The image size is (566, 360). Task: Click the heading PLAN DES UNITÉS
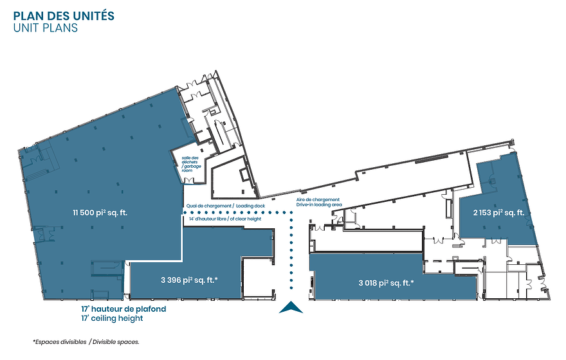tap(64, 16)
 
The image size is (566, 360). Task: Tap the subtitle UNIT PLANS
tap(46, 28)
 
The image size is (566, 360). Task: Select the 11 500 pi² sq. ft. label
tap(100, 213)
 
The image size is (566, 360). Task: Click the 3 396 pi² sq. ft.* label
tap(189, 280)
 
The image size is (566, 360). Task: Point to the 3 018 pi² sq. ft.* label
tap(386, 283)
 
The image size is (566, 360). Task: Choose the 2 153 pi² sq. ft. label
tap(499, 213)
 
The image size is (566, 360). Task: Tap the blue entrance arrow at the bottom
tap(291, 308)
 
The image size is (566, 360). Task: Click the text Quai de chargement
tap(208, 206)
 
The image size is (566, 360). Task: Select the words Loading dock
tap(251, 206)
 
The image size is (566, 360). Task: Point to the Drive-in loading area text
tap(319, 205)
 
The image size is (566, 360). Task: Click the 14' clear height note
tap(225, 219)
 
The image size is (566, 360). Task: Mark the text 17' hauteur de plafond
tap(123, 309)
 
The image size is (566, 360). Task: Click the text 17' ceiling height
tap(112, 318)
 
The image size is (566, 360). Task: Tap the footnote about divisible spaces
tap(86, 342)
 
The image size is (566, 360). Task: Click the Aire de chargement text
tap(318, 200)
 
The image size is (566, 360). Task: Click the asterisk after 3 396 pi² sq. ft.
tap(216, 278)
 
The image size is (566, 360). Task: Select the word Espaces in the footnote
tap(45, 342)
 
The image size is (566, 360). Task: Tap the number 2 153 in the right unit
tap(482, 213)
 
